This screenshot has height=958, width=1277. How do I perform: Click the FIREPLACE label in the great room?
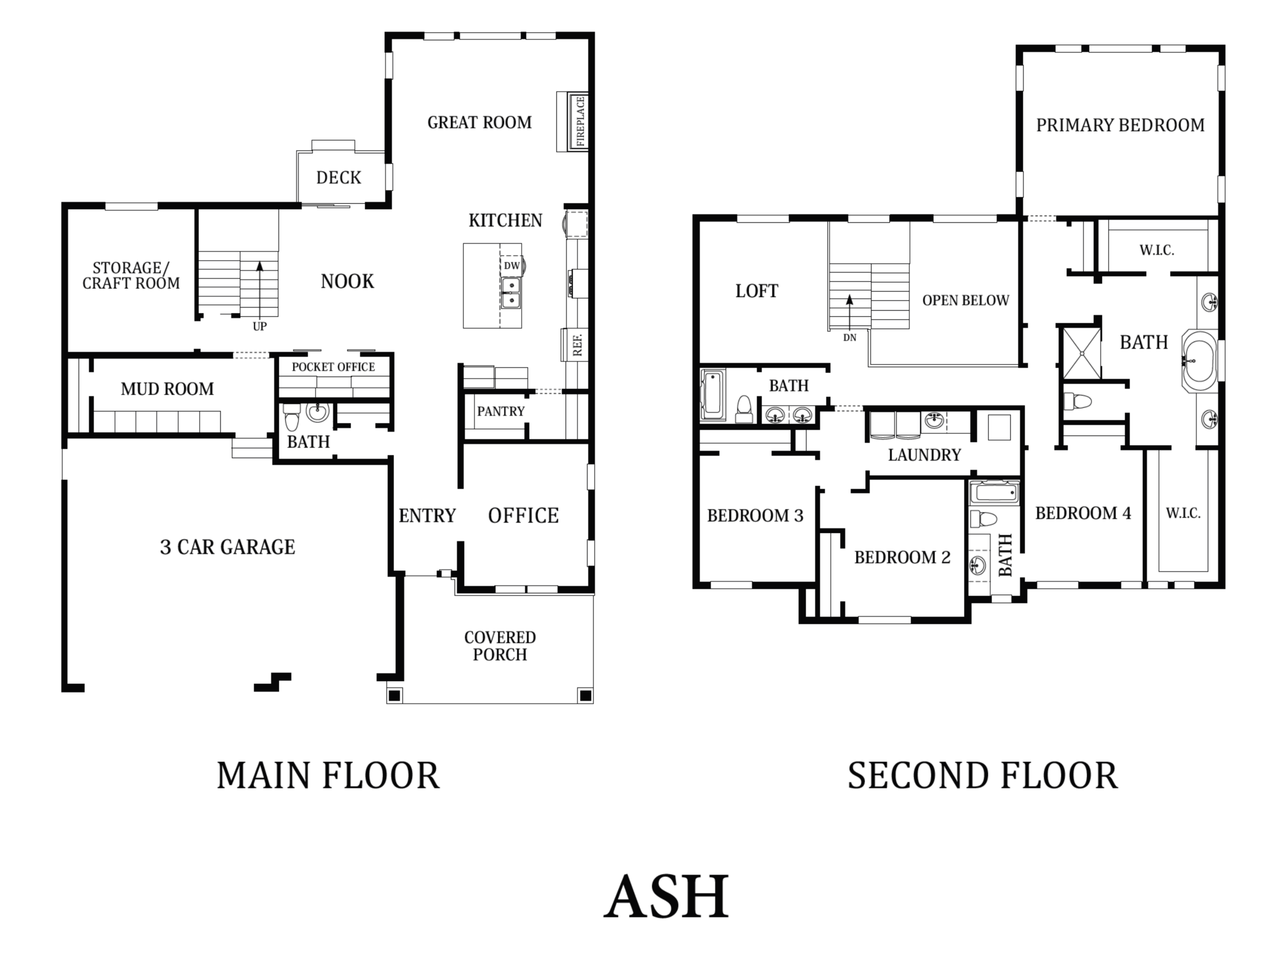pyautogui.click(x=580, y=121)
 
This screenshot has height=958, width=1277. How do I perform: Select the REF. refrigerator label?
pyautogui.click(x=577, y=344)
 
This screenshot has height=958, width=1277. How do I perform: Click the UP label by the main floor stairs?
pyautogui.click(x=260, y=326)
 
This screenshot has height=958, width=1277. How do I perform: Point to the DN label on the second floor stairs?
pyautogui.click(x=850, y=337)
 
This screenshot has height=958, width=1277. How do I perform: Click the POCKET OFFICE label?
pyautogui.click(x=333, y=367)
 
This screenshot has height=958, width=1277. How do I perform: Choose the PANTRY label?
pyautogui.click(x=500, y=411)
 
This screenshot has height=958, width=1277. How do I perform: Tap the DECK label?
pyautogui.click(x=339, y=177)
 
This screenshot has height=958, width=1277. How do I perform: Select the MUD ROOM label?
pyautogui.click(x=168, y=389)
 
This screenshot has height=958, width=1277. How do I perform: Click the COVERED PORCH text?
pyautogui.click(x=500, y=646)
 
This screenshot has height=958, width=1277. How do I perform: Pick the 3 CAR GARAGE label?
pyautogui.click(x=227, y=547)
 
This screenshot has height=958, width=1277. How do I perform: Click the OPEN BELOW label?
pyautogui.click(x=966, y=300)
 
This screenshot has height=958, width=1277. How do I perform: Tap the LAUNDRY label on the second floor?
pyautogui.click(x=924, y=455)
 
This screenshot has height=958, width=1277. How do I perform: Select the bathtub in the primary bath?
pyautogui.click(x=1199, y=361)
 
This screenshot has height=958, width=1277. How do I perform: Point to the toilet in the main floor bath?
pyautogui.click(x=291, y=417)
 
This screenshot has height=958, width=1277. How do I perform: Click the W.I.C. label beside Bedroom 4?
pyautogui.click(x=1183, y=513)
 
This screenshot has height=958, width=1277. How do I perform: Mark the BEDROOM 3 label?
pyautogui.click(x=755, y=515)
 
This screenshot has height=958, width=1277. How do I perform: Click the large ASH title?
pyautogui.click(x=667, y=897)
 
